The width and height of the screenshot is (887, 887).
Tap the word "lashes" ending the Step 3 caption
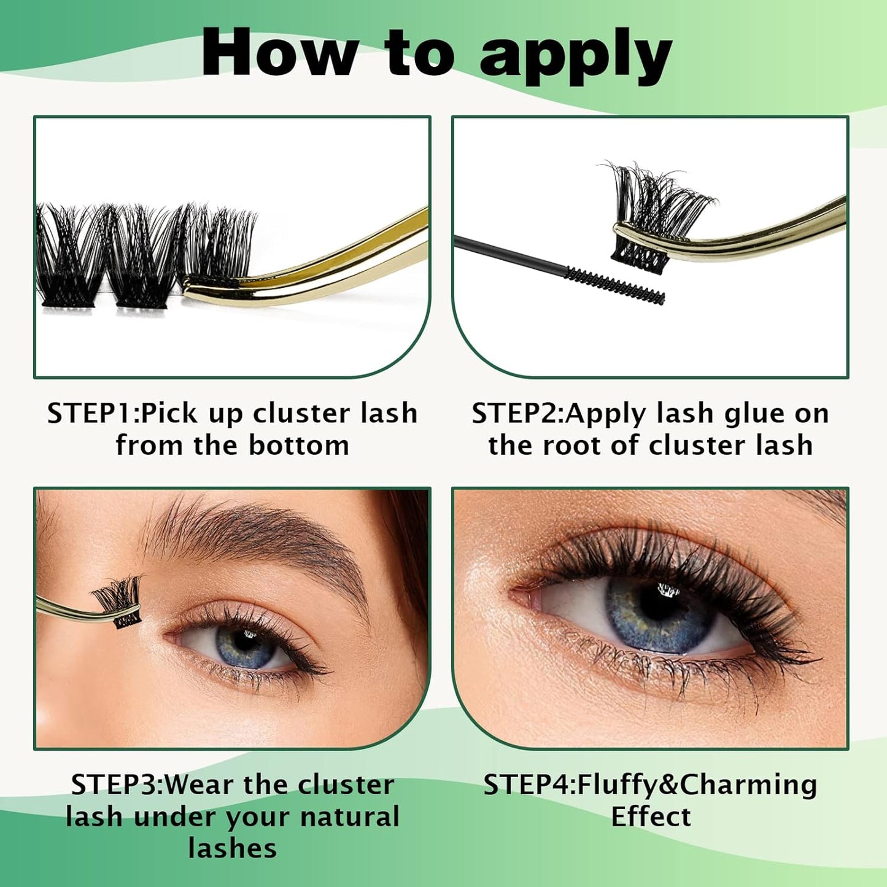[x=232, y=848]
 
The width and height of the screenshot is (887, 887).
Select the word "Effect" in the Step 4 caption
[x=651, y=817]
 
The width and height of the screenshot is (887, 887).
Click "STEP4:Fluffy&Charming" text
[x=650, y=785]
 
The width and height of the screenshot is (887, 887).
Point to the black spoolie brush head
[x=614, y=285]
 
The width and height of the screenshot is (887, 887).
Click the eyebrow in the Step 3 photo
[x=258, y=534]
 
